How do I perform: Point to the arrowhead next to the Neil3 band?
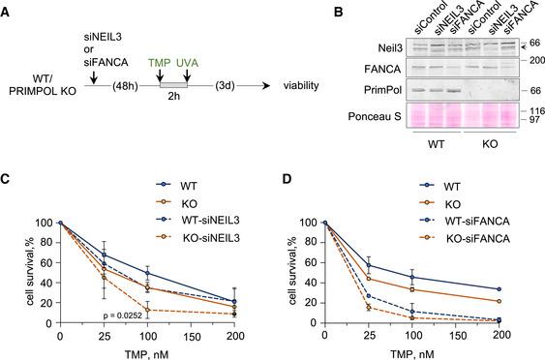pyautogui.click(x=512, y=45)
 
